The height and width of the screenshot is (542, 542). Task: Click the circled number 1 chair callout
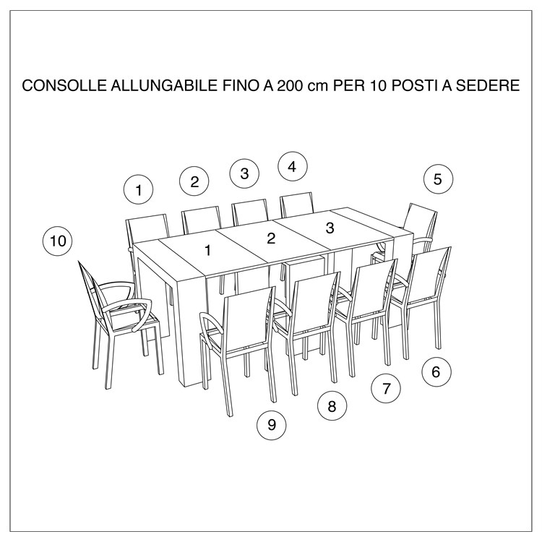[138, 190]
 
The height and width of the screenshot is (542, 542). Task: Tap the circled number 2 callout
[194, 181]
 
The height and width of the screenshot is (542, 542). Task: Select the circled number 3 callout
[244, 173]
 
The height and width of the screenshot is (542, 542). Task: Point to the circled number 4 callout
[292, 166]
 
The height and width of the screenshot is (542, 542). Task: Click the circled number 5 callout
[438, 179]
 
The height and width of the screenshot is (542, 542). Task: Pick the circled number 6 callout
[436, 372]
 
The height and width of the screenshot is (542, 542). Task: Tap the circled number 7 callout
[386, 389]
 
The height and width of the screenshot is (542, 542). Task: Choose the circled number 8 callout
[332, 406]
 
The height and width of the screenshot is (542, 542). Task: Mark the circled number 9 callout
[272, 425]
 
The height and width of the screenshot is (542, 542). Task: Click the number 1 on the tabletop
[207, 251]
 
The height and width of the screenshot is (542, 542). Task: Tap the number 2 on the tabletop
[271, 238]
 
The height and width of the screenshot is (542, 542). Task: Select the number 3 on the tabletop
[330, 228]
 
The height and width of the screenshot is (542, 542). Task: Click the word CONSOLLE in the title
[63, 86]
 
